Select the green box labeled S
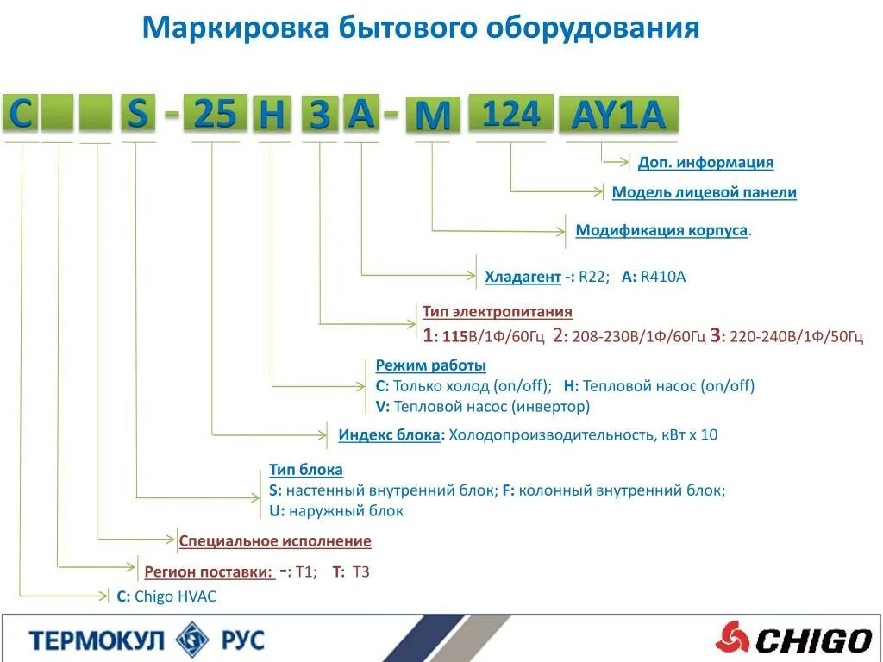coord(138,114)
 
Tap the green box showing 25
coord(215,114)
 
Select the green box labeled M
coord(433,116)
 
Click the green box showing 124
coord(510,114)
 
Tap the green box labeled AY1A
coord(618,116)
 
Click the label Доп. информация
coord(705,162)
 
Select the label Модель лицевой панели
coord(704,192)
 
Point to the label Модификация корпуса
coord(661,230)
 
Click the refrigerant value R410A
coord(663,277)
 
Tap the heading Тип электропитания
coord(497,311)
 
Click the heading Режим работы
coord(430,365)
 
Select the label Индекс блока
coord(389,434)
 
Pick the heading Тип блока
coord(305,470)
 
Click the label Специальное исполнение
coord(275,540)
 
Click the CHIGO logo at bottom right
coord(793,639)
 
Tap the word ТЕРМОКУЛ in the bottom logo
coord(97,640)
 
